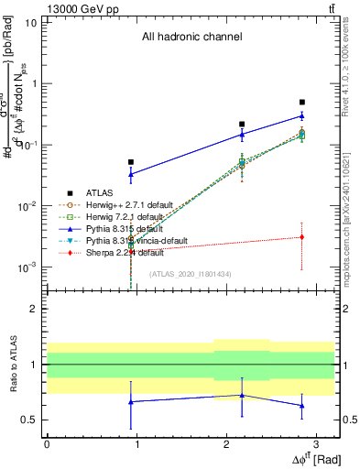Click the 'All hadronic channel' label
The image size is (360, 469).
(191, 38)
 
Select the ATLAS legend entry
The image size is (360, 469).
(98, 193)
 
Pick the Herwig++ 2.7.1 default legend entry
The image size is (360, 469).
(124, 205)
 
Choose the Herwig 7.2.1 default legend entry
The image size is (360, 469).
(119, 217)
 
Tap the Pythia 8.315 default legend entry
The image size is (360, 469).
(119, 229)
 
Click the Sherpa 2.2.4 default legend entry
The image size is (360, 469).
(117, 253)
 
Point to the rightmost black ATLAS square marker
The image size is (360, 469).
(302, 103)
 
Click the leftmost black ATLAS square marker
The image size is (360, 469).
(131, 162)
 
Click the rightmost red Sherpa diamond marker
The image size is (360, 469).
(302, 237)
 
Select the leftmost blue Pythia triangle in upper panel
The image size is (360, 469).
(131, 174)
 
